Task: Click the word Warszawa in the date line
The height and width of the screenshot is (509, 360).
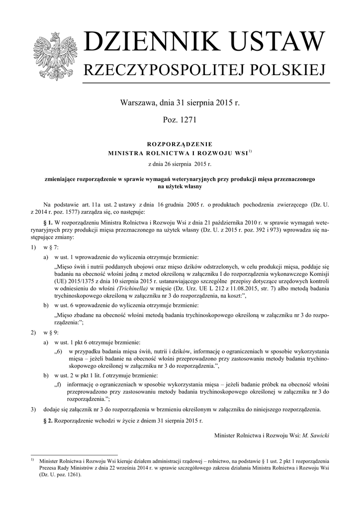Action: pyautogui.click(x=138, y=103)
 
